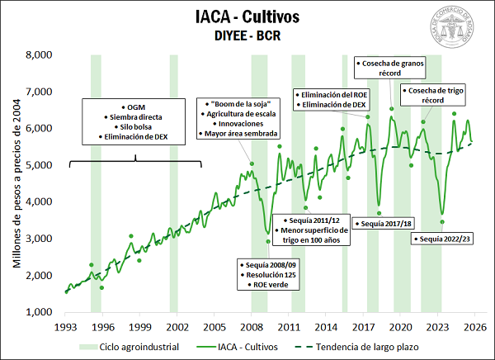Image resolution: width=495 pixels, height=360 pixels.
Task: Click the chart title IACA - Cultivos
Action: [x=247, y=17]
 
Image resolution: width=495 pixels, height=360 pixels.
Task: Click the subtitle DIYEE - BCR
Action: [x=247, y=36]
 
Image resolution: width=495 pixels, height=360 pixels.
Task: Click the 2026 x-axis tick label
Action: [x=474, y=326]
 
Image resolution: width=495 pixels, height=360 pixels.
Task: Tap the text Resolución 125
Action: [x=262, y=274]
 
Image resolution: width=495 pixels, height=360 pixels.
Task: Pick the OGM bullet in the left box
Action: [x=134, y=107]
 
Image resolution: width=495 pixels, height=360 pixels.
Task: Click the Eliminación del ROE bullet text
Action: [x=335, y=94]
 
